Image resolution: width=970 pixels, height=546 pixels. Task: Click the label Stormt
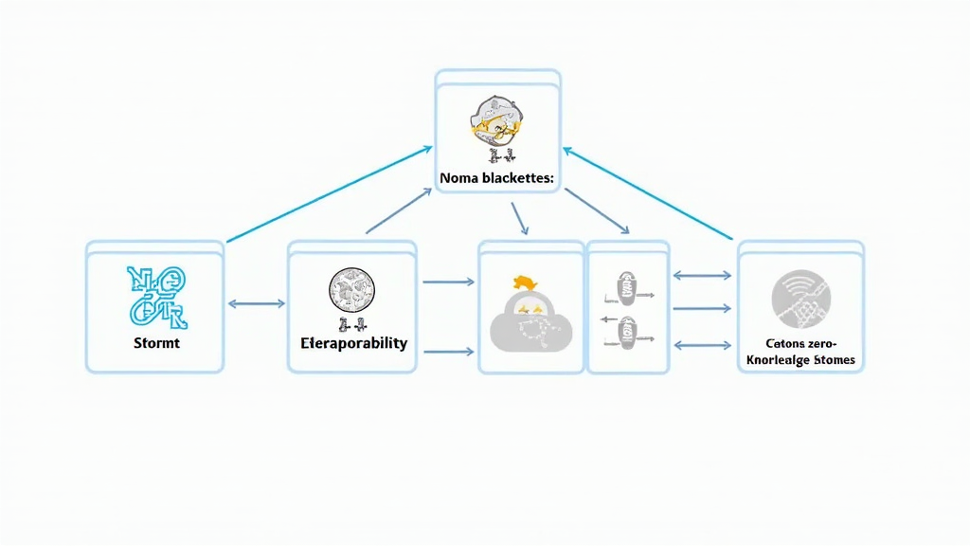(x=156, y=342)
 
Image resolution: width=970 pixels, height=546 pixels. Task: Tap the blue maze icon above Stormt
(x=156, y=291)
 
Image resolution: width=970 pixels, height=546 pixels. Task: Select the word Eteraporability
(x=352, y=342)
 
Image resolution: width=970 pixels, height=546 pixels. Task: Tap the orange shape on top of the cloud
(x=525, y=282)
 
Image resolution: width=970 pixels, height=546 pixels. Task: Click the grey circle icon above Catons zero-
(x=800, y=298)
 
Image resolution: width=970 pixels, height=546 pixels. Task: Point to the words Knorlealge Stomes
(x=800, y=360)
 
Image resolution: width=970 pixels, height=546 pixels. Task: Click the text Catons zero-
(x=800, y=344)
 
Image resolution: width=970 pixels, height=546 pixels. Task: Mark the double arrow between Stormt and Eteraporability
(x=256, y=304)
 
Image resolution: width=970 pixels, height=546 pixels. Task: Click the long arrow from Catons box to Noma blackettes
(x=649, y=192)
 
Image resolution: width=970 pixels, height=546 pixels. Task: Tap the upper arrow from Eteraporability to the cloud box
(x=447, y=282)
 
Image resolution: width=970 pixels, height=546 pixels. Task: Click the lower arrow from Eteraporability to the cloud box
(x=447, y=352)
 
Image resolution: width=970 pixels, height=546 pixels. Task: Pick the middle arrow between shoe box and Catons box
(x=701, y=309)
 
